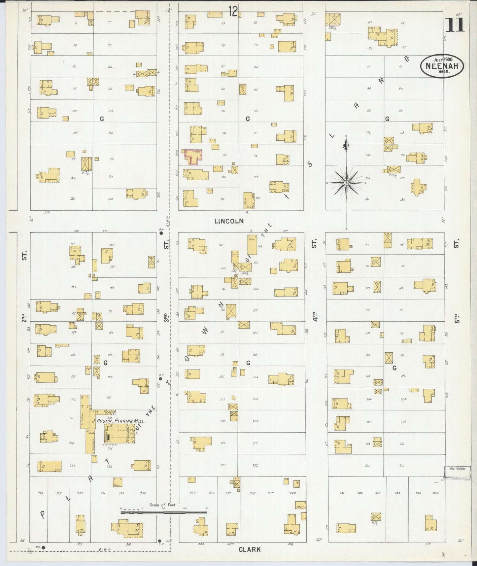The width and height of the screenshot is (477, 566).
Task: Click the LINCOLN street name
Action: (x=229, y=221)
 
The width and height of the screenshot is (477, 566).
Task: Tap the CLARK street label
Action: (x=250, y=549)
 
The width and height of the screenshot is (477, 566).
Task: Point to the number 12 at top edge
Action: (x=233, y=12)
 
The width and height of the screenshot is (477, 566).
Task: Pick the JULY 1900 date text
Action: (x=443, y=59)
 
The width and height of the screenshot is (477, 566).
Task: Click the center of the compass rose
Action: (x=346, y=183)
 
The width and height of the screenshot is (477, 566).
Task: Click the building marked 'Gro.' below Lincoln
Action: (x=252, y=245)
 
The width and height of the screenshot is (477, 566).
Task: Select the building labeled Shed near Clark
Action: (x=301, y=507)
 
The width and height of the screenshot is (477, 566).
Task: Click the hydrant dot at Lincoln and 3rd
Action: (x=161, y=233)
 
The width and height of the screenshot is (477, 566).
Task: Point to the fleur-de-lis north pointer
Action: (x=346, y=144)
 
